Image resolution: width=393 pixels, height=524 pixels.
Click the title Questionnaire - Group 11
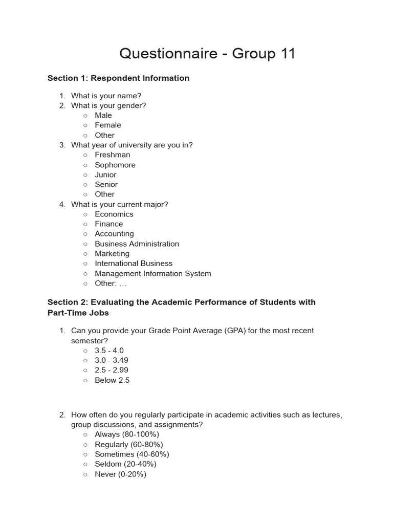tap(207, 53)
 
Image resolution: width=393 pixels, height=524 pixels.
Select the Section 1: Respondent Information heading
tap(118, 78)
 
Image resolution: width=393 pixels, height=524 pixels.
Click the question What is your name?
tap(106, 96)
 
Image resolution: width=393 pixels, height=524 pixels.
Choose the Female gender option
tap(107, 125)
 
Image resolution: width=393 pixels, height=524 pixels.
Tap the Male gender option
tap(103, 115)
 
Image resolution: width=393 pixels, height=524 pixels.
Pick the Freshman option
tap(112, 155)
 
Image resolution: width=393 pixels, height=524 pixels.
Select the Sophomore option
tap(115, 165)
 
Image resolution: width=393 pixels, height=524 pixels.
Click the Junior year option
tap(105, 174)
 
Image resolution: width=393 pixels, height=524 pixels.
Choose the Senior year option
tap(106, 184)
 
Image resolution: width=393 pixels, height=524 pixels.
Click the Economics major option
tap(114, 214)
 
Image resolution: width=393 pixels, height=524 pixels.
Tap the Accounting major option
tap(114, 234)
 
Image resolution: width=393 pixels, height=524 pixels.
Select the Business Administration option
tap(137, 244)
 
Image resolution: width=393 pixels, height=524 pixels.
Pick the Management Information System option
tap(152, 273)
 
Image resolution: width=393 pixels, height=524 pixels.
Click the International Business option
tap(134, 264)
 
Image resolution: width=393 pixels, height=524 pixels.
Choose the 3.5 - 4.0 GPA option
tap(109, 351)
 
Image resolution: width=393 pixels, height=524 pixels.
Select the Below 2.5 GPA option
tap(112, 380)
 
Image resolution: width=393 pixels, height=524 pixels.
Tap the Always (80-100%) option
tap(126, 434)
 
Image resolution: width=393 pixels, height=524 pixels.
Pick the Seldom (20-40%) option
tap(125, 464)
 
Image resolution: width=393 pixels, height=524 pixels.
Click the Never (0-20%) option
tap(120, 474)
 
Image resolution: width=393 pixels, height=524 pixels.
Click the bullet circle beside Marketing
tap(85, 254)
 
